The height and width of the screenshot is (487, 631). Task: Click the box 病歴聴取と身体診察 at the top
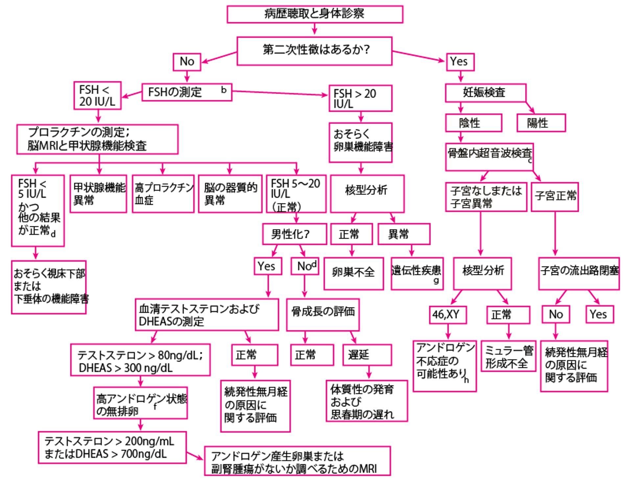point(315,14)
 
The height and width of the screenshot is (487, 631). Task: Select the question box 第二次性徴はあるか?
point(315,51)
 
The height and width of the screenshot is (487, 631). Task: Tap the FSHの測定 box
point(187,92)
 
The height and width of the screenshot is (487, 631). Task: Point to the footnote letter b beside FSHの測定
point(224,90)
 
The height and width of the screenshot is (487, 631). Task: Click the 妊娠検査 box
point(485,93)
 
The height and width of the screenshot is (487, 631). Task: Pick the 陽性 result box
point(541,123)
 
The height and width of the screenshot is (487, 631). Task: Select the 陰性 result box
point(474,123)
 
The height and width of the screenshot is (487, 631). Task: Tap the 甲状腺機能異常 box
point(98,194)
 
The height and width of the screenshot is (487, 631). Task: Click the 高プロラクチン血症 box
point(163,194)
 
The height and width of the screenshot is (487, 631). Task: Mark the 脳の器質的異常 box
point(230,194)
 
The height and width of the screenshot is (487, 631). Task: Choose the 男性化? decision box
point(294,234)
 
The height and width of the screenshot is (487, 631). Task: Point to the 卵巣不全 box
point(354,273)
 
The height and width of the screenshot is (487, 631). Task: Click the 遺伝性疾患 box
point(417,273)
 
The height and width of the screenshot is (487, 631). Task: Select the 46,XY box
point(448,315)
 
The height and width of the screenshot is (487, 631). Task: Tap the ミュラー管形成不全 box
point(508,356)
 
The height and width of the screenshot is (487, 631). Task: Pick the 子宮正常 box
point(555,197)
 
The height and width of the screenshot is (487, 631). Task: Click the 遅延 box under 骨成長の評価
point(367,355)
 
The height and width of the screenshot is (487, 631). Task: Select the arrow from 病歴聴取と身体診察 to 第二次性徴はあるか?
point(315,30)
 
